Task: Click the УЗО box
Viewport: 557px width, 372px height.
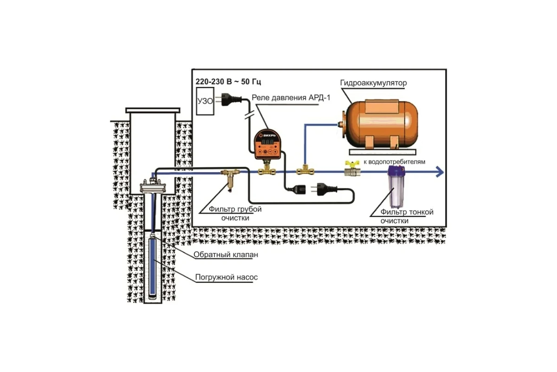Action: [x=205, y=106]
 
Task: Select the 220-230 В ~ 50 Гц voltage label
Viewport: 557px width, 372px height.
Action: [x=228, y=81]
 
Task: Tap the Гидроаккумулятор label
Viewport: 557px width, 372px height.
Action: [x=373, y=83]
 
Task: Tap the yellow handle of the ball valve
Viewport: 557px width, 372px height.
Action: [x=350, y=163]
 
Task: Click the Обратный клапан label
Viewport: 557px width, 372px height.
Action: [x=225, y=255]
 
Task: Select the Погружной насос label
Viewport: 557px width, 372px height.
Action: [x=226, y=278]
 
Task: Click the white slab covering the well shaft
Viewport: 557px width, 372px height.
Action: [x=152, y=111]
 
